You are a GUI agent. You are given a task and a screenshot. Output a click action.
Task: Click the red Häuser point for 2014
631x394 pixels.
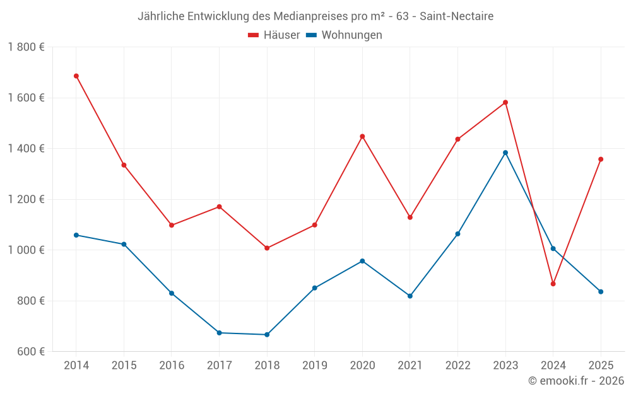pyautogui.click(x=76, y=76)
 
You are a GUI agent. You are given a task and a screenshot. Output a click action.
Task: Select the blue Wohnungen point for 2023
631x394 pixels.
pyautogui.click(x=505, y=153)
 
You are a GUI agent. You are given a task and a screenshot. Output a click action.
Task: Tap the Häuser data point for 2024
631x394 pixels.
pyautogui.click(x=553, y=284)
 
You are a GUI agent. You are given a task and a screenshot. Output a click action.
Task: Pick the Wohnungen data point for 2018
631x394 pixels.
pyautogui.click(x=267, y=335)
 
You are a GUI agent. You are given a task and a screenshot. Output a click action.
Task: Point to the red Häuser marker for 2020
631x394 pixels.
pyautogui.click(x=362, y=136)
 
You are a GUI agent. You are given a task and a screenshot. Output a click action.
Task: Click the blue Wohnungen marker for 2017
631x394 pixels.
pyautogui.click(x=219, y=333)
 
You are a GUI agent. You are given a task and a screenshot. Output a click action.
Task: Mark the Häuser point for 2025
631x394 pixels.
pyautogui.click(x=601, y=159)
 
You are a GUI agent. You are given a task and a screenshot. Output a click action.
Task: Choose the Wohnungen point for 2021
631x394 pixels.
pyautogui.click(x=410, y=296)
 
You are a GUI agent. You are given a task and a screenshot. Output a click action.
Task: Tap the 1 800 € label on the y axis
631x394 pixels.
pyautogui.click(x=26, y=47)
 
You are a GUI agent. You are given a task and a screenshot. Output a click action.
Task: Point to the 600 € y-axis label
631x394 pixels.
pyautogui.click(x=31, y=352)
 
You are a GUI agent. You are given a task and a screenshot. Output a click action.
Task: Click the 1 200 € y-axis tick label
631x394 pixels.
pyautogui.click(x=26, y=199)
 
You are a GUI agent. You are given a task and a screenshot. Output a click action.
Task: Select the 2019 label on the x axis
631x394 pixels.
pyautogui.click(x=314, y=366)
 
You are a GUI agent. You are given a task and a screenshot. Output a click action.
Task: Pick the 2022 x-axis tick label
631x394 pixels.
pyautogui.click(x=457, y=366)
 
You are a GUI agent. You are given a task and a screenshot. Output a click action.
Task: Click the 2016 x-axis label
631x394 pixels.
pyautogui.click(x=172, y=366)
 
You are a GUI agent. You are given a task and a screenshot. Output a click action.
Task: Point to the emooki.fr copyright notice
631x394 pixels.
pyautogui.click(x=575, y=381)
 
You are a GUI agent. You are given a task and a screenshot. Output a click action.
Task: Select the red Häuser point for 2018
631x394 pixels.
pyautogui.click(x=267, y=248)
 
